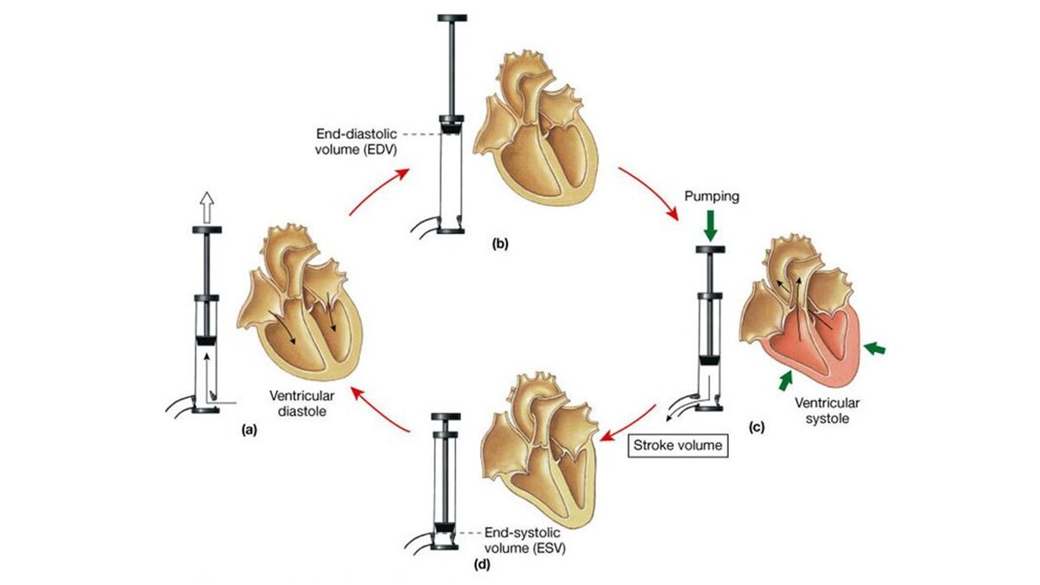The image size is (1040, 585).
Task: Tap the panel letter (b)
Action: (x=501, y=244)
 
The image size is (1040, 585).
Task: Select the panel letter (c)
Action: (x=757, y=426)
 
